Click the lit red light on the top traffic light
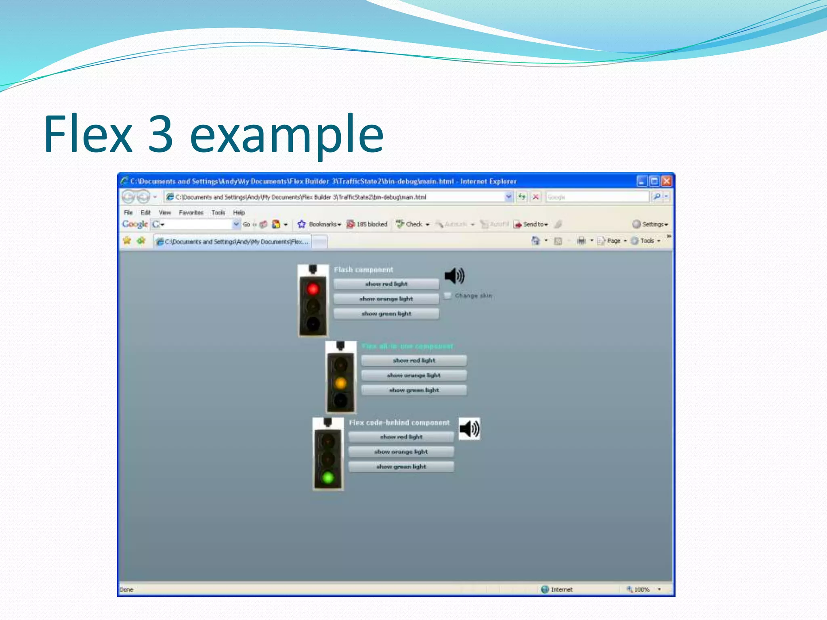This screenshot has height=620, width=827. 313,289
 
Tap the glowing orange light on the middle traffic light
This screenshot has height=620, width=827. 340,382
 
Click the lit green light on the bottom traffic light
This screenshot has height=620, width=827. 328,478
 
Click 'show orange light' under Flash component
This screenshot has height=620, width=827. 386,299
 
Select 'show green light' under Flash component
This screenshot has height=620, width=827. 386,314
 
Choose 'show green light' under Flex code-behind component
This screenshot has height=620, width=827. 401,467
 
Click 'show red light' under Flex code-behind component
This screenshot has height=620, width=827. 401,437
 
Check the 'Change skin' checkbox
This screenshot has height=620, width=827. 447,295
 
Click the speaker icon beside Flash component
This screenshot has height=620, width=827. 455,276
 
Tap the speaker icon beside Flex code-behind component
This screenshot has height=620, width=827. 470,429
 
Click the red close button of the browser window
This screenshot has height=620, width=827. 666,181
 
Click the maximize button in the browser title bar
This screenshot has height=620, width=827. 654,181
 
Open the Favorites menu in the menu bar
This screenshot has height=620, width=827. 191,212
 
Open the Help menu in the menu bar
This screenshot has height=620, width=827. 239,212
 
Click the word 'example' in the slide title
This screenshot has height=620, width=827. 286,134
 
